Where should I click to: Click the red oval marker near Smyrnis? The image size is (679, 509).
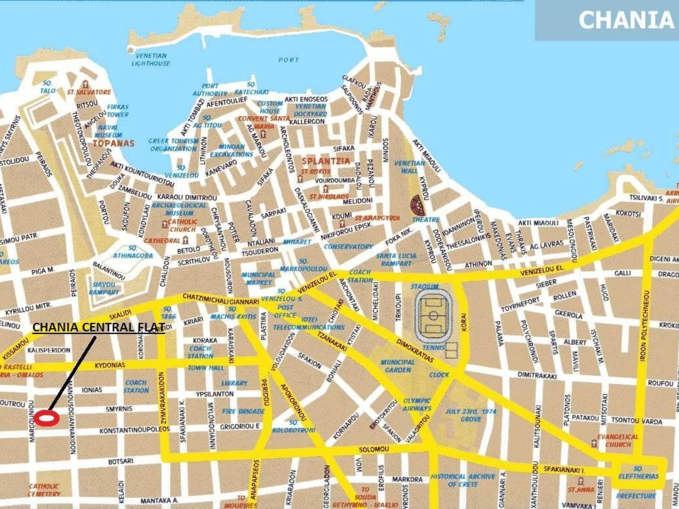(47, 418)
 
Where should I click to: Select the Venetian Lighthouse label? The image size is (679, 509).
(151, 60)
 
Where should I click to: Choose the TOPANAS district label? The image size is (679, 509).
(114, 143)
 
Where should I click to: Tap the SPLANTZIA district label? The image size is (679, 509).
(326, 161)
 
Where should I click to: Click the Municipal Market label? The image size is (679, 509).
(259, 279)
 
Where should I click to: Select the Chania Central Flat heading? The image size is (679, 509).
(99, 327)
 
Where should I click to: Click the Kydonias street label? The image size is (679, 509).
(110, 365)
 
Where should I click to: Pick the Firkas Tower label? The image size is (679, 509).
(118, 111)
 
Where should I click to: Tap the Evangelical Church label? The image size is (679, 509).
(618, 441)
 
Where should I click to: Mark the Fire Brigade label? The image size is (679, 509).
(243, 412)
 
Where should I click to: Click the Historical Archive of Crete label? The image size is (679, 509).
(463, 480)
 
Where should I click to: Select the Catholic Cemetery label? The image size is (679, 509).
(44, 490)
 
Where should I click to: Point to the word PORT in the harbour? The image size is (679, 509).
(288, 60)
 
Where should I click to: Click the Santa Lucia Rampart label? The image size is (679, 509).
(396, 259)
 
